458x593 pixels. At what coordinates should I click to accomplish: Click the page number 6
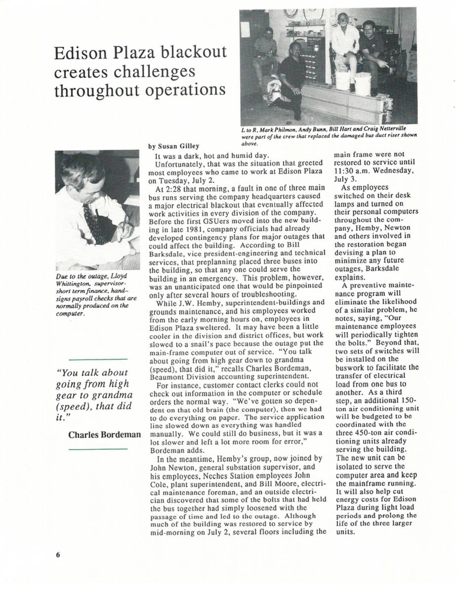click(x=57, y=554)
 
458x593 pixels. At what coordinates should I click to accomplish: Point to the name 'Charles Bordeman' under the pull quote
click(x=104, y=435)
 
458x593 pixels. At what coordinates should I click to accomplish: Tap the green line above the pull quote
click(x=98, y=359)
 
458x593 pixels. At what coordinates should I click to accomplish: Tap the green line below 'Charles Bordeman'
click(x=98, y=449)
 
